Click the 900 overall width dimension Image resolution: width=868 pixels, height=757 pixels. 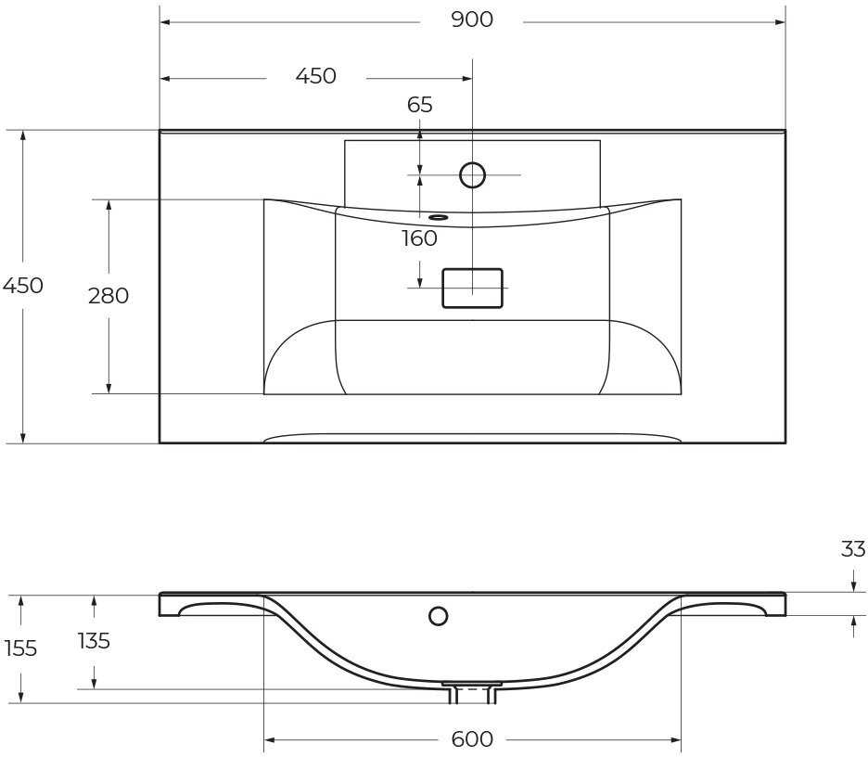point(472,19)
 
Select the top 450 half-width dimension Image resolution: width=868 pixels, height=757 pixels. point(315,76)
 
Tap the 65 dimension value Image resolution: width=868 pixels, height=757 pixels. point(420,105)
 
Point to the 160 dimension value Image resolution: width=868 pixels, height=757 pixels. point(419,238)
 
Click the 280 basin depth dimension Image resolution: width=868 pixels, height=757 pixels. point(108,296)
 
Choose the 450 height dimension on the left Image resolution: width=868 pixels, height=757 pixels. point(22,286)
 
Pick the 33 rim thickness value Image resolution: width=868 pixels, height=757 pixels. point(853,549)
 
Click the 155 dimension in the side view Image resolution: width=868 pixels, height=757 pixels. point(20,648)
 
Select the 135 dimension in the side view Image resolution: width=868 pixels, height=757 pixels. point(94,640)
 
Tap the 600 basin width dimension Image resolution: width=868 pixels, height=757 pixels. point(472,739)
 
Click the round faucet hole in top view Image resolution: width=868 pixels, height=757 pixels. point(473,174)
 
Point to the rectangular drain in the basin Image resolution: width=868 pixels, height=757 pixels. point(473,288)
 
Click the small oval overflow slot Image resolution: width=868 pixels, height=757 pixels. point(439,218)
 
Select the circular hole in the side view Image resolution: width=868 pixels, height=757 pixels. point(439,615)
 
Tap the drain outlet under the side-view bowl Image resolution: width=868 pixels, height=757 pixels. point(472,691)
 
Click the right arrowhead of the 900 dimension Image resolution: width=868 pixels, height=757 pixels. point(781,22)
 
